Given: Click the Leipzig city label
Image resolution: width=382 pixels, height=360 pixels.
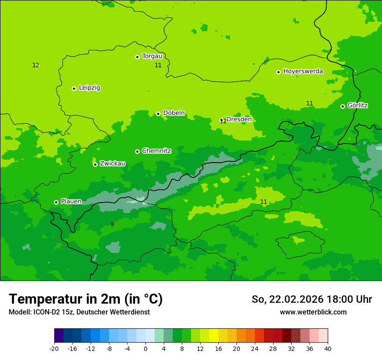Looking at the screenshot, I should pyautogui.click(x=89, y=88).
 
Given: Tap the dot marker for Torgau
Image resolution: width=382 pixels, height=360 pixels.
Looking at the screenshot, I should pyautogui.click(x=137, y=57).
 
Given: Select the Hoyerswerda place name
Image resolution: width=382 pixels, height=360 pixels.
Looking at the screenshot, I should pyautogui.click(x=303, y=71).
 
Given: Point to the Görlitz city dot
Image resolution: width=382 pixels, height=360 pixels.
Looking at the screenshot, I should pyautogui.click(x=342, y=106).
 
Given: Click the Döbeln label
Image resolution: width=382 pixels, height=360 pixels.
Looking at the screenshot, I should pyautogui.click(x=174, y=113).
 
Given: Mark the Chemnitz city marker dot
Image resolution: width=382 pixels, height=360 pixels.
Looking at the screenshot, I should pyautogui.click(x=137, y=151).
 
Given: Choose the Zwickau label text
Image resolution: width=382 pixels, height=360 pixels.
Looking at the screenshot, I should pyautogui.click(x=112, y=164).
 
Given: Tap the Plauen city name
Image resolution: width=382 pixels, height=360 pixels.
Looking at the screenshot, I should pyautogui.click(x=71, y=201).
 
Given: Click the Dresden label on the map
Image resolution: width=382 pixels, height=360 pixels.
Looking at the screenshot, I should pyautogui.click(x=239, y=119).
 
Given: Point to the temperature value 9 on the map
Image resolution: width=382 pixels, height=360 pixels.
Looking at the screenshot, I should pyautogui.click(x=112, y=224).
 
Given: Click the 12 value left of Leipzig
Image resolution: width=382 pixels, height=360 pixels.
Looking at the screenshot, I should pyautogui.click(x=36, y=65).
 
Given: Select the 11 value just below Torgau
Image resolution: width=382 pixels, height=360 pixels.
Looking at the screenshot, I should pyautogui.click(x=158, y=65).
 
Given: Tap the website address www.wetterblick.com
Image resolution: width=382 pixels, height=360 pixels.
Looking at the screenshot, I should pyautogui.click(x=313, y=312).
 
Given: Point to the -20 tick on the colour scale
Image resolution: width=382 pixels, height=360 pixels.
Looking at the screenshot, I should pyautogui.click(x=54, y=348).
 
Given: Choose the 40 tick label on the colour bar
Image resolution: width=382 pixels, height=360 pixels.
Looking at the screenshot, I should pyautogui.click(x=328, y=348).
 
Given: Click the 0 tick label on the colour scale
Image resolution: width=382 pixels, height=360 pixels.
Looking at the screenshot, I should pyautogui.click(x=145, y=348).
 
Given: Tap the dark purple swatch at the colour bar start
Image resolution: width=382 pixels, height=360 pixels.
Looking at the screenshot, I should pyautogui.click(x=59, y=336).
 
